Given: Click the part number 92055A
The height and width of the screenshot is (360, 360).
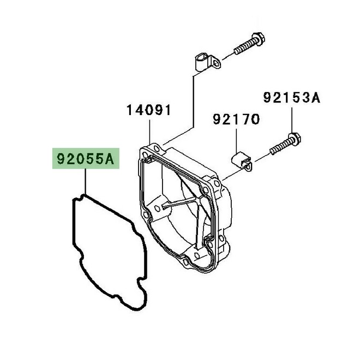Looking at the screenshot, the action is (86, 159).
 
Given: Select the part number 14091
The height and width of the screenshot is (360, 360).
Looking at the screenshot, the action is (149, 110).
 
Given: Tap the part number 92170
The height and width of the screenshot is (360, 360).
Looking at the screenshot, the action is (236, 119).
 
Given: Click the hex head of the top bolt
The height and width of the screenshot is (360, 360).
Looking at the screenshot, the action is (258, 39).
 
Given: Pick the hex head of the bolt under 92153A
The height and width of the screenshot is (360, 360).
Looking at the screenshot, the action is (295, 139).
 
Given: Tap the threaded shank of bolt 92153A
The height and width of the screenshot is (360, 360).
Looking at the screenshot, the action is (279, 147).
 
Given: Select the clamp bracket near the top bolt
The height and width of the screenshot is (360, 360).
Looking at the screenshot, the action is (207, 62).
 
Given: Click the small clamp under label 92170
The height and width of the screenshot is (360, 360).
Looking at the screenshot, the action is (241, 161).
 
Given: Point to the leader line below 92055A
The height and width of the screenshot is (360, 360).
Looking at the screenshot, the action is (85, 182).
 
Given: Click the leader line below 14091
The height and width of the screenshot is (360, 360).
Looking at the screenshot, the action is (149, 132).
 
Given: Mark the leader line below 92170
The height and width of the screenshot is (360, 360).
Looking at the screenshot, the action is (237, 141).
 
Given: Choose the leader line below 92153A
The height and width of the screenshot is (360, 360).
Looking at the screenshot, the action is (292, 120).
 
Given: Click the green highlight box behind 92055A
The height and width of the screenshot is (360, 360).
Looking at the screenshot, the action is (86, 158).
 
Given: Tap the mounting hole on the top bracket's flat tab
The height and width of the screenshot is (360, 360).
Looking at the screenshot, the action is (216, 63).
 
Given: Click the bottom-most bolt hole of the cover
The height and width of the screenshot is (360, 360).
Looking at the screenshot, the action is (185, 261).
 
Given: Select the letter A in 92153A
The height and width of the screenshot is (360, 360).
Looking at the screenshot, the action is (315, 98).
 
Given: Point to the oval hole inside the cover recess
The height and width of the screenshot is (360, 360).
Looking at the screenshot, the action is (157, 208).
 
